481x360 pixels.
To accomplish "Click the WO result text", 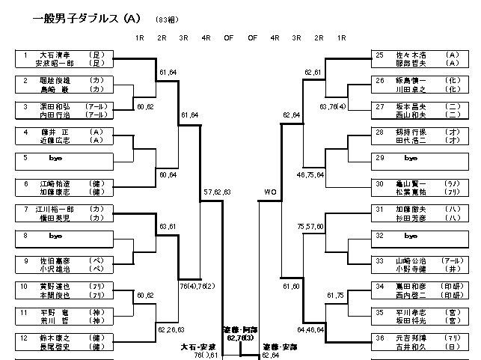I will [x=270, y=192].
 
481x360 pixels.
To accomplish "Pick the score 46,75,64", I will [x=310, y=174].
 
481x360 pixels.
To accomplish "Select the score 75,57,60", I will [x=310, y=225].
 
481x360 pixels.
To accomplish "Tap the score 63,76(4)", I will [x=333, y=106].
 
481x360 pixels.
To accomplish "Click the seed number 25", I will [x=380, y=55].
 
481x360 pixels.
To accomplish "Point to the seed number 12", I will [x=25, y=338].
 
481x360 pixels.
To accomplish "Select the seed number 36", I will [x=380, y=338].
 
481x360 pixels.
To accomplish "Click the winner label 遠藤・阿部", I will [x=240, y=329].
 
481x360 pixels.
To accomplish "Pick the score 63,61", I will [x=168, y=225].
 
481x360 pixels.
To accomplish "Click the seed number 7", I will [x=25, y=209].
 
